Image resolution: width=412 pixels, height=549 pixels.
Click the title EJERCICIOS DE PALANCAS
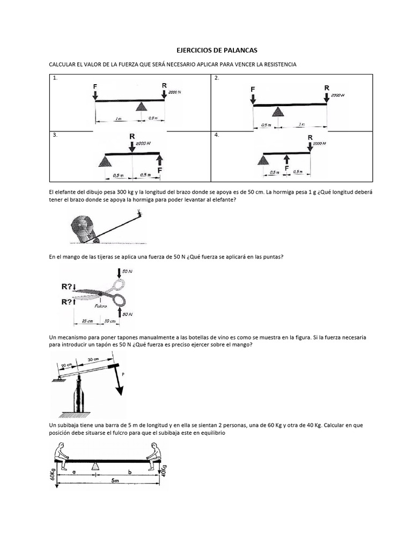tap(217, 50)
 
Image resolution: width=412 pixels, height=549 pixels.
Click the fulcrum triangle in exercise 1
tap(141, 106)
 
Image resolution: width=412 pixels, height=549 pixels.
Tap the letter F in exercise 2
tap(253, 89)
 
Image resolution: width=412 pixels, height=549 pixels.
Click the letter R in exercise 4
tap(310, 138)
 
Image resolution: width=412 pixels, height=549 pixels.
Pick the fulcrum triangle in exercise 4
tap(263, 159)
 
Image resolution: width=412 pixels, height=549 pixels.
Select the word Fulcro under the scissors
tap(101, 306)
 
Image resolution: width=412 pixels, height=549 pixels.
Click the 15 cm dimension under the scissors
tap(87, 321)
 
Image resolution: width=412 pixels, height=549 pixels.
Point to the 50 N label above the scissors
tap(127, 272)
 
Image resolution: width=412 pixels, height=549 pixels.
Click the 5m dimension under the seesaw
tap(115, 481)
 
